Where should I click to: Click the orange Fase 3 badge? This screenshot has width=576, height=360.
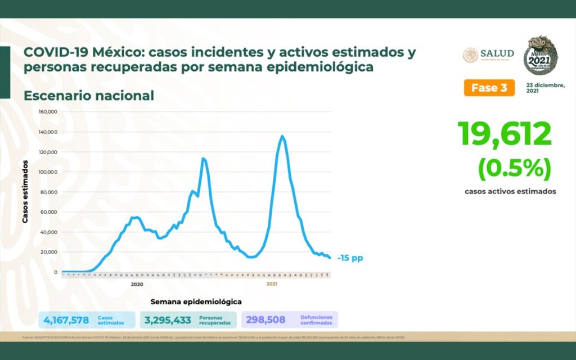489,88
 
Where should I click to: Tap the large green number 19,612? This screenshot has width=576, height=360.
505,134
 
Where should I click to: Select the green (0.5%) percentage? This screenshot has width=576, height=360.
514,168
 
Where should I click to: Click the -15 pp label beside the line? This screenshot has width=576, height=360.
350,258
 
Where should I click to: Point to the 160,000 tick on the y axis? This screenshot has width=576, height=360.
48,112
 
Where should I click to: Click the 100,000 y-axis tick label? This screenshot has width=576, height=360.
48,172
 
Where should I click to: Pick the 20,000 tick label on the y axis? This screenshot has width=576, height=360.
49,252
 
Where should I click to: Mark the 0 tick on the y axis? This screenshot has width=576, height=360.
56,272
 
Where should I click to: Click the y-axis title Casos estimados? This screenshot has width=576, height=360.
25,191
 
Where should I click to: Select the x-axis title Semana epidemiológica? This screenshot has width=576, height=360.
196,301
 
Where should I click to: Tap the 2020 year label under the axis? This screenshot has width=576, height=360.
137,285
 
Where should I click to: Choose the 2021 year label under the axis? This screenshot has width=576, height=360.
272,285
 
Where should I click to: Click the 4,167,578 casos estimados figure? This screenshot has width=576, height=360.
66,320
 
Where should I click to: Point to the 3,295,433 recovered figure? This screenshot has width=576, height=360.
168,320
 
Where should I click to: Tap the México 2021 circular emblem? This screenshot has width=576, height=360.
541,56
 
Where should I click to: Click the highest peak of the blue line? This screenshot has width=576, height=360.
282,136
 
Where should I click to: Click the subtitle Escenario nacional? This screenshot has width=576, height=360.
89,96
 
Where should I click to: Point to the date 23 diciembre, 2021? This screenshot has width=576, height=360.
545,88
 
